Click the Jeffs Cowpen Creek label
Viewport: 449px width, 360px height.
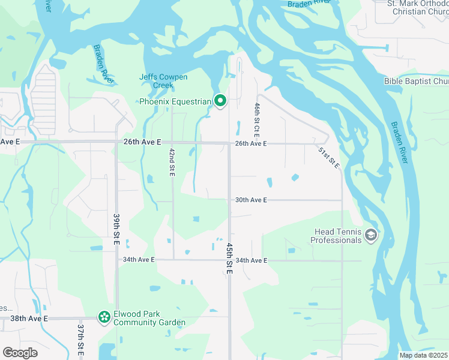[x=163, y=81]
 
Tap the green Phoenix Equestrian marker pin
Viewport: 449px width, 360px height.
[x=220, y=101]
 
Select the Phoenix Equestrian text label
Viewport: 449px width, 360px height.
[x=175, y=101]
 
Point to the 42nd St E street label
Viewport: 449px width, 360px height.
[x=172, y=161]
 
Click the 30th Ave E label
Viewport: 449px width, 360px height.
[x=251, y=200]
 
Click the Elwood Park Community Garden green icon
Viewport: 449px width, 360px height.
[x=104, y=316]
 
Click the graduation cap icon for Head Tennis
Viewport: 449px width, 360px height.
[x=370, y=235]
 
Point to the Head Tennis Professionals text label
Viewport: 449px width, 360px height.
[x=336, y=236]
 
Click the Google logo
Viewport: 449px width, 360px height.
[x=20, y=353]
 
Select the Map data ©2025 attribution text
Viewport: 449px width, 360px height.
[x=423, y=355]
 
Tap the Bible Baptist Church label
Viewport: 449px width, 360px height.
[x=417, y=81]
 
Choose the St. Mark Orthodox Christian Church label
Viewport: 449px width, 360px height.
[x=418, y=8]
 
